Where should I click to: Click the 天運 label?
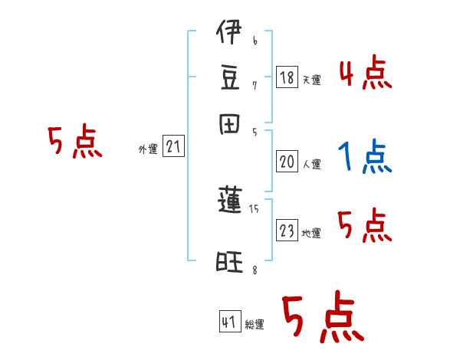(x=312, y=80)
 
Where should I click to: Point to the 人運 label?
(x=312, y=164)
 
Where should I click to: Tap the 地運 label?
(x=312, y=233)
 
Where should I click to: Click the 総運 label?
(x=255, y=325)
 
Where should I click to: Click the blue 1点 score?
(x=364, y=158)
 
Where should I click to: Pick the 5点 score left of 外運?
(x=74, y=143)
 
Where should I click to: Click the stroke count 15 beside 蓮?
(x=254, y=208)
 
